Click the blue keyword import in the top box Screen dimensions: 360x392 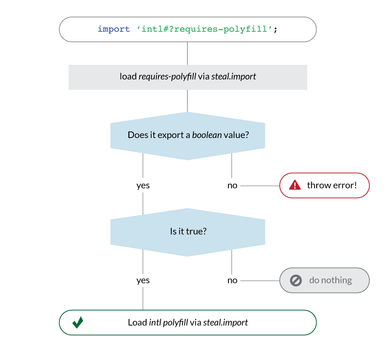[114, 30]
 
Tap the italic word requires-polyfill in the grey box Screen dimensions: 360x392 [167, 77]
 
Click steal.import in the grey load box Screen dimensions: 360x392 [233, 77]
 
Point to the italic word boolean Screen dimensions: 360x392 [207, 135]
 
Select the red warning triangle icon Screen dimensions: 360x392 [295, 185]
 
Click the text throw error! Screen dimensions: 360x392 [331, 185]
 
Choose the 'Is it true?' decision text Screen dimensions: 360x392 [188, 231]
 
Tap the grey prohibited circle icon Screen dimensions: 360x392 [296, 280]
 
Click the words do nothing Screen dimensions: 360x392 [330, 280]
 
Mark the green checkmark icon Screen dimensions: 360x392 [78, 323]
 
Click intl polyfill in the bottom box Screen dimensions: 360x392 [169, 323]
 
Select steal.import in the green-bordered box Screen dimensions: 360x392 [225, 323]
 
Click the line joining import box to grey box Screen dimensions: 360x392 [188, 53]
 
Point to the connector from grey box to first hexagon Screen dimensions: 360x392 [188, 101]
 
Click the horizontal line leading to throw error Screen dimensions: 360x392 [259, 185]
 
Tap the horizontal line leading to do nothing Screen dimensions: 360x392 [259, 280]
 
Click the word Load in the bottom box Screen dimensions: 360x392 [137, 323]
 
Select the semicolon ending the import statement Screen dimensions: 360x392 [275, 30]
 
